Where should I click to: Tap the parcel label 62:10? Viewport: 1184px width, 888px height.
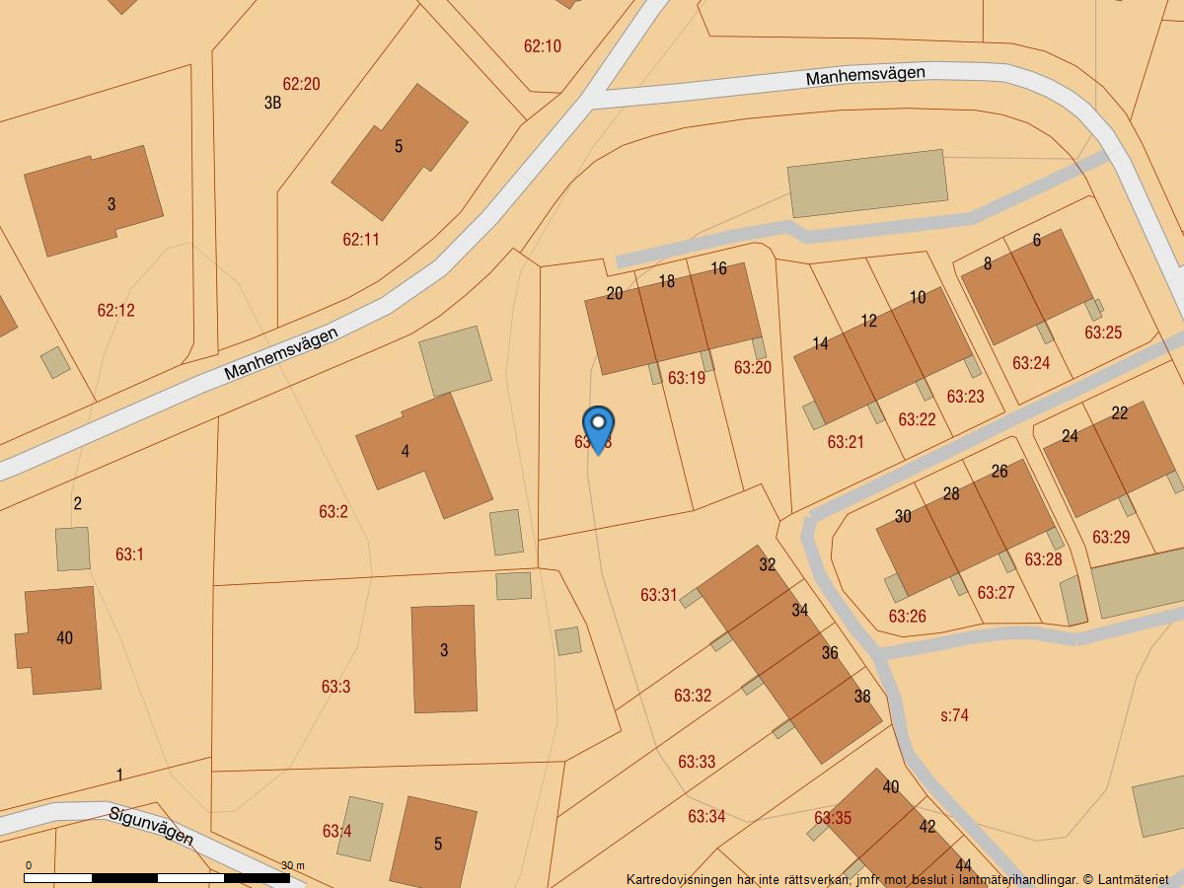542,46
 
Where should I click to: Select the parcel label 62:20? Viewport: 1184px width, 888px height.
301,84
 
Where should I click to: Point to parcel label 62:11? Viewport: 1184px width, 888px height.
360,239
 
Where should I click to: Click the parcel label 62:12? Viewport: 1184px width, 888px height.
115,310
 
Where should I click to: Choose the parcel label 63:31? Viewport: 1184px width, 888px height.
658,595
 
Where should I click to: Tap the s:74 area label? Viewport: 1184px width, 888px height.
954,715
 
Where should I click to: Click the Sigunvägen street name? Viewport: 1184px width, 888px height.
151,825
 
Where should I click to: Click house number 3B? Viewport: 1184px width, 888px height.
272,102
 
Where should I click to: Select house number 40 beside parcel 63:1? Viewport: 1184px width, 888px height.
64,637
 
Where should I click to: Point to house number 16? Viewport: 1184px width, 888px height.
718,268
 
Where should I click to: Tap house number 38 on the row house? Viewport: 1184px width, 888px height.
862,696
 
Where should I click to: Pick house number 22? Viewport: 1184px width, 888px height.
1119,413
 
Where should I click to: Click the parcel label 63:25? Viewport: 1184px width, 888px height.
1103,333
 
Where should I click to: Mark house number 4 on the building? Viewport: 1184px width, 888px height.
405,452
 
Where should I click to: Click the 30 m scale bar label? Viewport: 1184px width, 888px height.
292,865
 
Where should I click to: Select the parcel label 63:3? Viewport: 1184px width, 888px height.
335,687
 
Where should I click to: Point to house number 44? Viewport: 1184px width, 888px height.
963,865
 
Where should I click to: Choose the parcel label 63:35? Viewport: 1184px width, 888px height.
833,818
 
